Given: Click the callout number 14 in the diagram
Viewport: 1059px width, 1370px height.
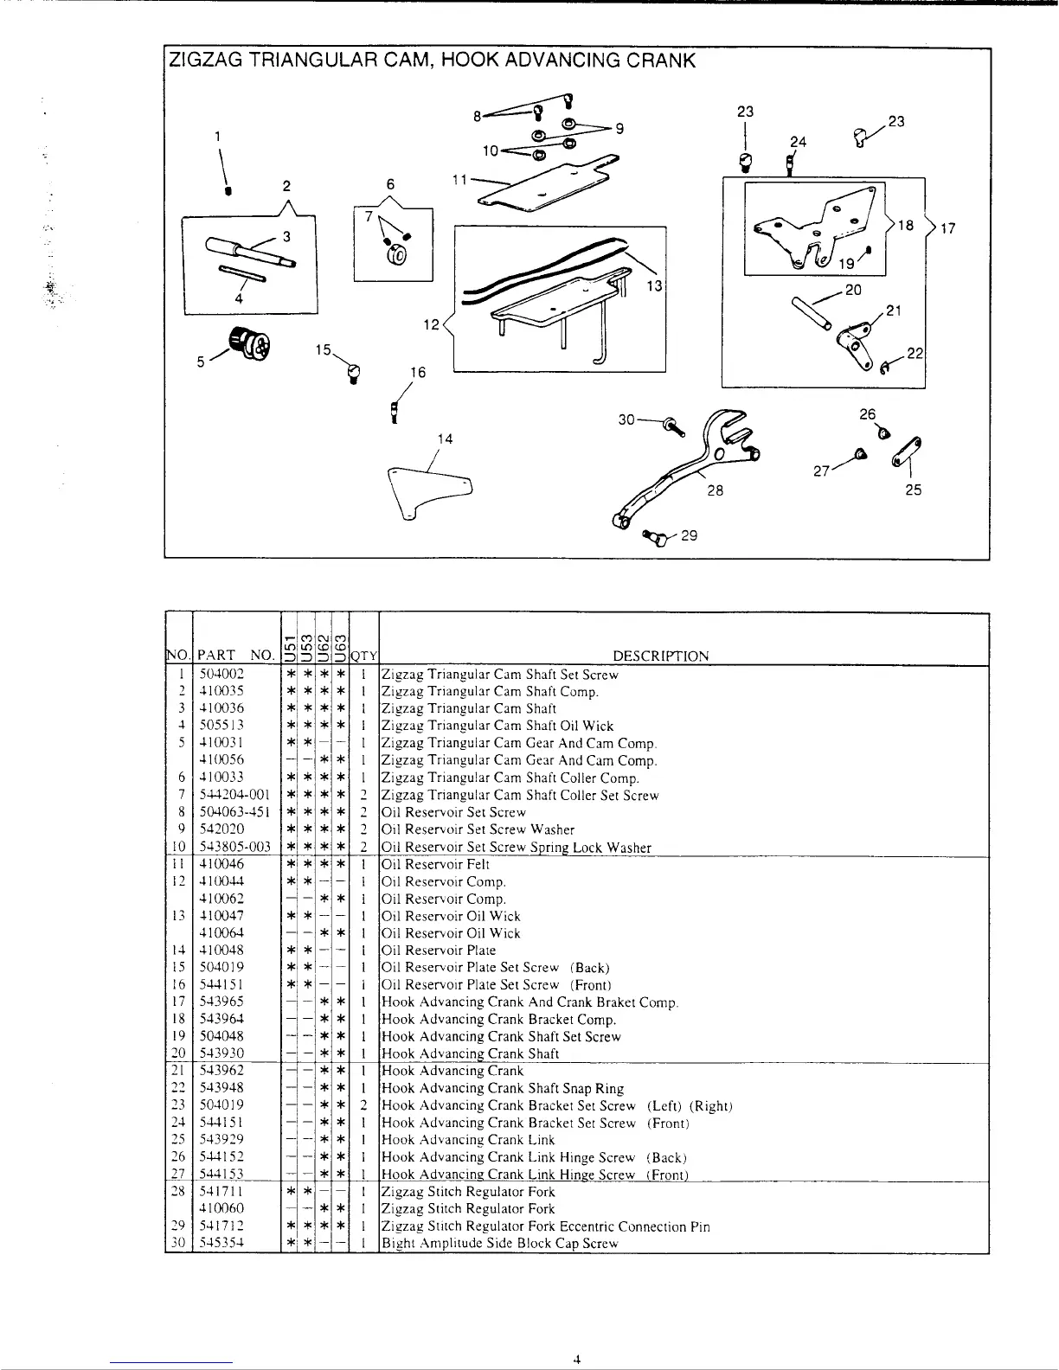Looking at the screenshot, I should point(445,439).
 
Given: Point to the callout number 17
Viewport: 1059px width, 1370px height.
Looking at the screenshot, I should point(947,228).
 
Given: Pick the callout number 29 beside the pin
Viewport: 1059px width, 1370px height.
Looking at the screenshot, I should point(690,535).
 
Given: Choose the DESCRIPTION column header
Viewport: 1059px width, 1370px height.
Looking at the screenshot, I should point(660,656).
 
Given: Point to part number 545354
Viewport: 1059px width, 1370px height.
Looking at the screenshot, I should point(222,1243).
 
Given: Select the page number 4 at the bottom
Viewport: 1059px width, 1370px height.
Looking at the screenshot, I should point(575,1359).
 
